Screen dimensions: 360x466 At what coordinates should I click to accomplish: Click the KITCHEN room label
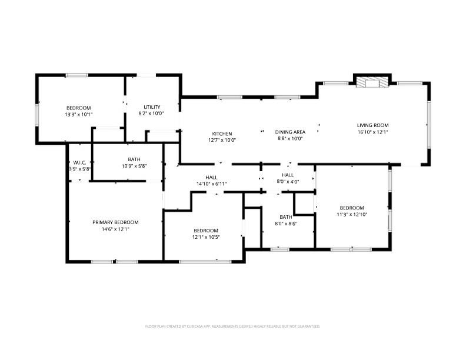[222, 134]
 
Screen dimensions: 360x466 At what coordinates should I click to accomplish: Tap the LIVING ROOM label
[372, 125]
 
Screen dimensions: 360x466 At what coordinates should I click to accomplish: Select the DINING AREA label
[290, 132]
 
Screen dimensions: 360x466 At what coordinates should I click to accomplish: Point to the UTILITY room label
[152, 107]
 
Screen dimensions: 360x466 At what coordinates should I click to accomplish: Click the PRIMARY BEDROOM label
[115, 222]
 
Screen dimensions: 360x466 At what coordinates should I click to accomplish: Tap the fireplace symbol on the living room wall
[372, 82]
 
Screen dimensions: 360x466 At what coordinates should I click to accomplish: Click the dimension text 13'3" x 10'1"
[78, 115]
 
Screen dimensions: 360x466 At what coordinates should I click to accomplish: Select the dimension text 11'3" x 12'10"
[351, 215]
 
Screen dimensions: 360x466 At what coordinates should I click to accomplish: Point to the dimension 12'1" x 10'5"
[206, 237]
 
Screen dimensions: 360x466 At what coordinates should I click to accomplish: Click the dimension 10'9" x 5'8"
[134, 166]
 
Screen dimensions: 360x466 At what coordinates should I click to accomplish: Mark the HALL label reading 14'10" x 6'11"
[211, 177]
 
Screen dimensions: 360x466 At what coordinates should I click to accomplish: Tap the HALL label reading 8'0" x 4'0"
[288, 175]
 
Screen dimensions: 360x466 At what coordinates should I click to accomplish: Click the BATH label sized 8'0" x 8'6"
[286, 217]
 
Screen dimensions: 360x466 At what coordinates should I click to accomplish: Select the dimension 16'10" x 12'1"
[372, 132]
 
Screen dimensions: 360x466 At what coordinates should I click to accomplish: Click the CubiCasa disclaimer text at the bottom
[232, 326]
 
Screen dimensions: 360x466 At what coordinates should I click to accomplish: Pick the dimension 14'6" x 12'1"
[115, 229]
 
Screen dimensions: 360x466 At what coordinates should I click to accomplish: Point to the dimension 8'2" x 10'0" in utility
[151, 114]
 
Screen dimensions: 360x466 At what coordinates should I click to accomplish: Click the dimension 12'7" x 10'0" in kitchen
[222, 140]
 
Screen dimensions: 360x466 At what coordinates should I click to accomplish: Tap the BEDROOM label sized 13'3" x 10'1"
[78, 108]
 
